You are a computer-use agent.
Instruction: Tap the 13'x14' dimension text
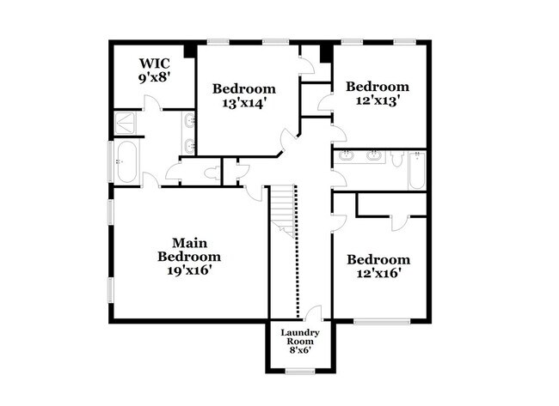[243, 103]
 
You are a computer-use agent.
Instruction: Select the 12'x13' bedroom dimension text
[377, 100]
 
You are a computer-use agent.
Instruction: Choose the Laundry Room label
[301, 337]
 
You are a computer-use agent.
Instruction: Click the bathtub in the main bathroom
[126, 162]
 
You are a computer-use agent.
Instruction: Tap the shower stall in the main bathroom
[127, 125]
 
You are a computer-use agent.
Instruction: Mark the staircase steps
[283, 210]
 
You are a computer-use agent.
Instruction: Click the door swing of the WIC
[150, 104]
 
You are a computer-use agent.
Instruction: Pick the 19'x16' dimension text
[188, 270]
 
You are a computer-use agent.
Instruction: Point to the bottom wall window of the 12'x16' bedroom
[382, 322]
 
